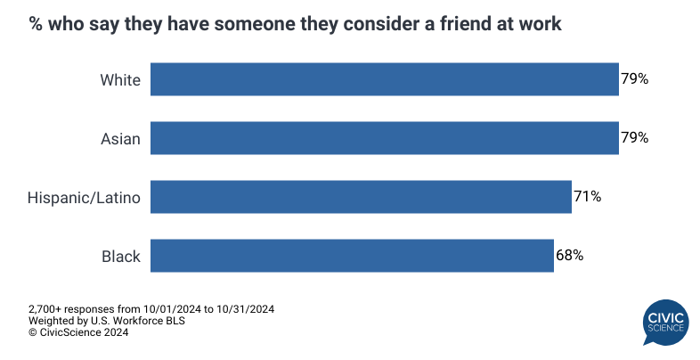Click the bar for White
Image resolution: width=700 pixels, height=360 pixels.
coord(384,79)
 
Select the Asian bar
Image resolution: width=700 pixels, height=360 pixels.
coord(384,138)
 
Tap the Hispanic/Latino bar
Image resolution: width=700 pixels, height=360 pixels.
coord(361,197)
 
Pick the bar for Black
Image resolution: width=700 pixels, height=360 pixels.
coord(352,256)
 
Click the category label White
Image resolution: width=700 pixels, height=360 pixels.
coord(120,79)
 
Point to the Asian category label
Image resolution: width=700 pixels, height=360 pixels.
coord(120,138)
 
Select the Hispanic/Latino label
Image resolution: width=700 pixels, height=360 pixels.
coord(84,198)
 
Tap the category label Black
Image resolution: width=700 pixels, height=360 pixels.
coord(120,256)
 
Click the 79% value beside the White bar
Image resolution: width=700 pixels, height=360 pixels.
coord(634,79)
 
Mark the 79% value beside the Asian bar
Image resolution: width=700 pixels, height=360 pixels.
coord(634,138)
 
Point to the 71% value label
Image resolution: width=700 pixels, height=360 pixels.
coord(587,197)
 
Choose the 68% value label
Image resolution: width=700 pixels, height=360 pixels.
coord(569,256)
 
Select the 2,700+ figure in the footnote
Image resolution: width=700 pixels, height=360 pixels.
coord(45,309)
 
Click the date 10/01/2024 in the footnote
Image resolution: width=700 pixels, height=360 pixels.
coord(158,309)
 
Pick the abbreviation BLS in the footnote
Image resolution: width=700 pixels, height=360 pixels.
coord(173,321)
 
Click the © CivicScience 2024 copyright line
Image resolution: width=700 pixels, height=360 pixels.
coord(78,332)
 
